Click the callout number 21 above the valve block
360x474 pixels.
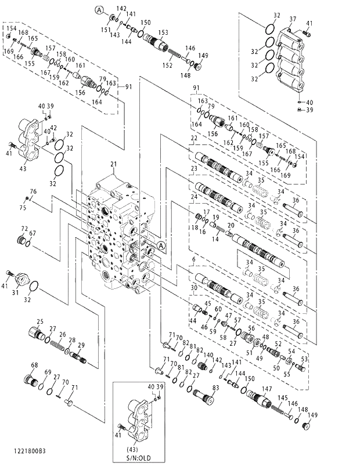click(114, 165)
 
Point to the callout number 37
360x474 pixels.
click(293, 19)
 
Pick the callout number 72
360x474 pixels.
click(24, 229)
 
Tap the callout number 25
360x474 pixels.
click(40, 321)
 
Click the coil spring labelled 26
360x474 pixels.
click(57, 345)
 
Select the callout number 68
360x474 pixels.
click(34, 366)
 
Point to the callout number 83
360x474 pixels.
click(215, 388)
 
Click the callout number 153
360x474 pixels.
click(163, 32)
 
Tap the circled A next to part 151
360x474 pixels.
click(99, 10)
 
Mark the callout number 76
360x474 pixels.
click(33, 191)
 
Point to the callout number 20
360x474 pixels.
click(231, 225)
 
